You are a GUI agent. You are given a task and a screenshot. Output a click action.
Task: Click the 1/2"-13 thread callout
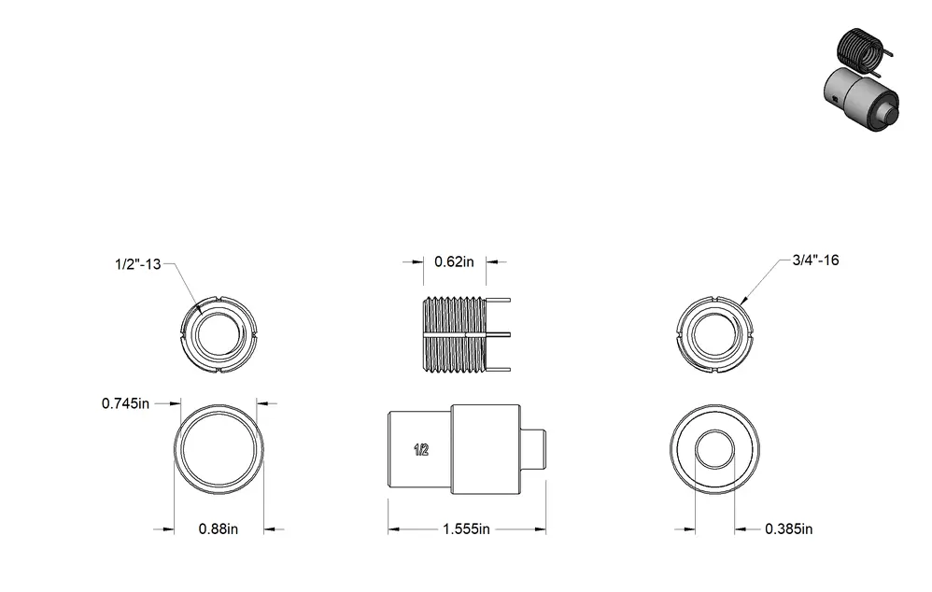click(x=138, y=264)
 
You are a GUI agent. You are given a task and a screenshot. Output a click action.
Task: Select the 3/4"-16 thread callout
click(x=815, y=260)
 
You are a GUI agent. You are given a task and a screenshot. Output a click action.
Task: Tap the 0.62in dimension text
click(x=454, y=261)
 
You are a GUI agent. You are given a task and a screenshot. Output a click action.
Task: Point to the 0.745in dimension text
click(x=125, y=403)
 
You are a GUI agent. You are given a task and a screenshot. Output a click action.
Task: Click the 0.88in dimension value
click(x=219, y=529)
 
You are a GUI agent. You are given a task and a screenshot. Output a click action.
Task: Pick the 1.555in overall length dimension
click(x=467, y=529)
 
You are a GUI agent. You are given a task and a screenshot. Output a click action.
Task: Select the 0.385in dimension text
click(x=789, y=529)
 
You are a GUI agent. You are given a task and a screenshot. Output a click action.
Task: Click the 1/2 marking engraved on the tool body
click(x=421, y=450)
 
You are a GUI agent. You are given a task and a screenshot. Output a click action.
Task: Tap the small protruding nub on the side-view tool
click(x=533, y=450)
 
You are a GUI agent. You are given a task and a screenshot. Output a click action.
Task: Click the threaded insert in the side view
click(x=455, y=334)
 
